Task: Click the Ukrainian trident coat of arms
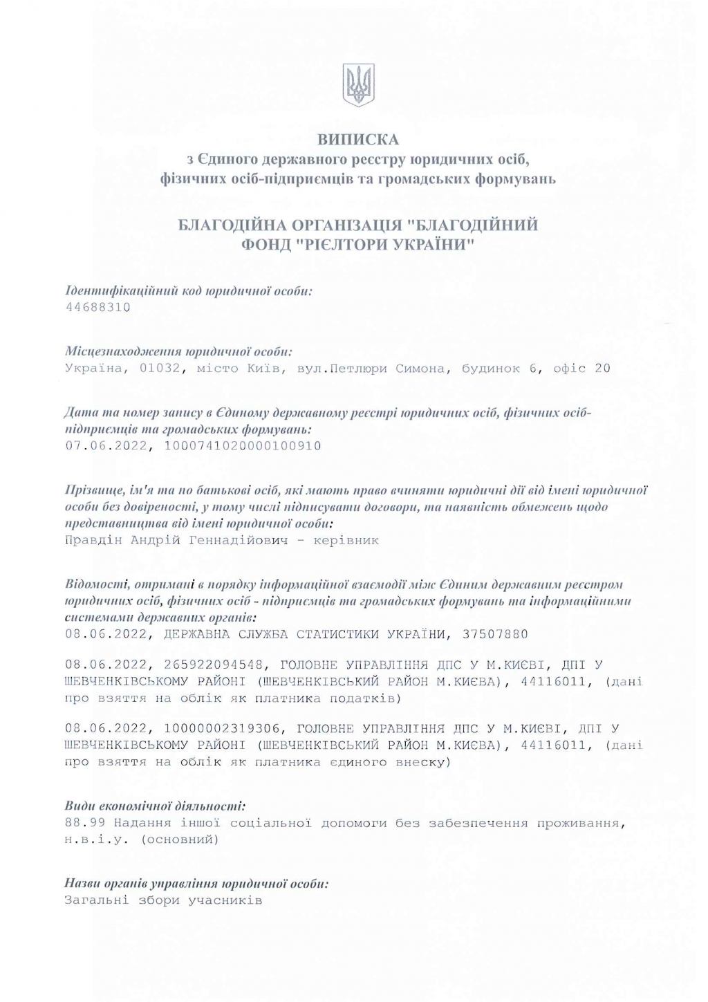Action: tap(358, 85)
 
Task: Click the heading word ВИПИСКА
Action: tap(358, 140)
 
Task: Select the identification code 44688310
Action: tap(97, 307)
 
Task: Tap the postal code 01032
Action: tap(161, 369)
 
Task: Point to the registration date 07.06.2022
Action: tap(106, 446)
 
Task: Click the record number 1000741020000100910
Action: tap(243, 446)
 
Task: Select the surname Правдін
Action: tap(93, 540)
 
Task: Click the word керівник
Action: tap(346, 540)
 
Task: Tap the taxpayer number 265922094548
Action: tap(214, 665)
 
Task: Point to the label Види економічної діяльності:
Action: tap(155, 806)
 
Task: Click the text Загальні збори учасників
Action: tap(163, 900)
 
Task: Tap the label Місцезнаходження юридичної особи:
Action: tap(178, 351)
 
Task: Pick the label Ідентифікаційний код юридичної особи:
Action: tap(189, 290)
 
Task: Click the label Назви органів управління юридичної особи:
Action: tap(196, 883)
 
